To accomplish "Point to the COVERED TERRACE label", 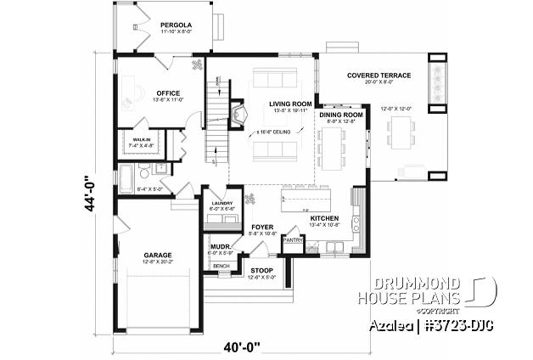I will pos(379,76).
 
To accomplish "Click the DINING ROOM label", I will pos(341,114).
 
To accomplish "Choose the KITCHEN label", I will pos(324,218).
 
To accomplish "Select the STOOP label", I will pos(261,270).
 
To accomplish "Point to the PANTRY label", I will pos(293,240).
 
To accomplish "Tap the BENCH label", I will pos(222,266).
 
